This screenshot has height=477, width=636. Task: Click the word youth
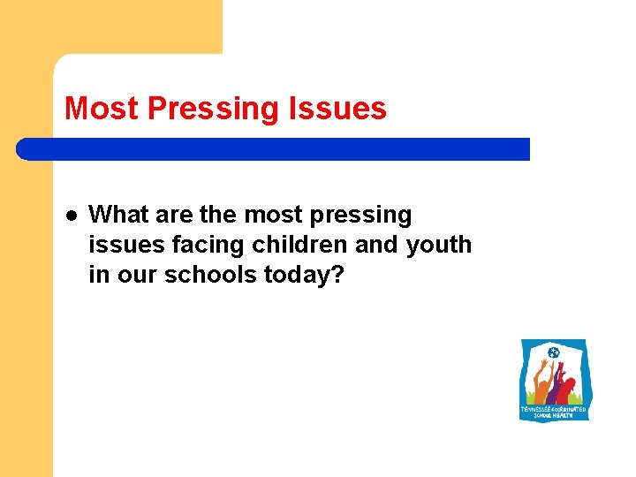tap(439, 245)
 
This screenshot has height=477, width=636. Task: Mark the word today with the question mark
tap(304, 275)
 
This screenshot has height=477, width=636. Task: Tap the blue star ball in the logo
tap(554, 354)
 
